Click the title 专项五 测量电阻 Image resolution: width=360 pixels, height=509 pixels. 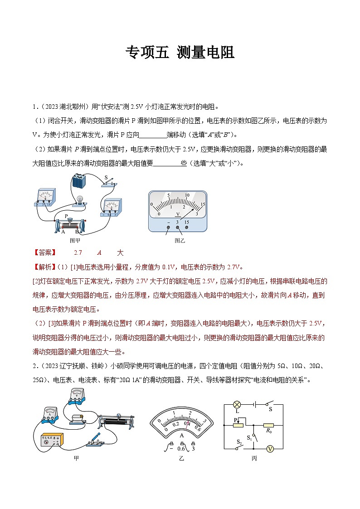[x=180, y=53]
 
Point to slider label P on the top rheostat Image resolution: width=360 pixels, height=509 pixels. [x=66, y=216]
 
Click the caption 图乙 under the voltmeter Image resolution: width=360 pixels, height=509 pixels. [x=180, y=241]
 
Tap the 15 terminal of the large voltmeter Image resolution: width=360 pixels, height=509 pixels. [x=187, y=223]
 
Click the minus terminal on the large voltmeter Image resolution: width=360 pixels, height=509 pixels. [x=168, y=223]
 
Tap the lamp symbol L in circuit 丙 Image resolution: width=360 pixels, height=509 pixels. [x=236, y=405]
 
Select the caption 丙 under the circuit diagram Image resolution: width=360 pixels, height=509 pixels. [x=254, y=459]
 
